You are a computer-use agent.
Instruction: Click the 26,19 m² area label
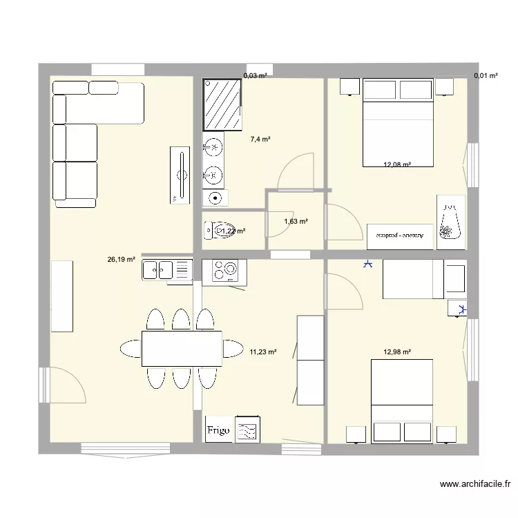coord(120,260)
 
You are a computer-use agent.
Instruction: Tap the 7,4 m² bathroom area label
coord(260,139)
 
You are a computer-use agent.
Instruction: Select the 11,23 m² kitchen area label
coord(262,352)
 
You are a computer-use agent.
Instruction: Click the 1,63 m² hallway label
coord(296,222)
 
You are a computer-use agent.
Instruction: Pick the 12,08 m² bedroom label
coord(397,164)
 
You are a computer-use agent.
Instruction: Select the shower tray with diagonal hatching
coord(223,104)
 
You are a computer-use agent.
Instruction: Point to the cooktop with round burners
coord(224,270)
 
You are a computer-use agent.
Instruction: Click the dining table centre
coord(182,348)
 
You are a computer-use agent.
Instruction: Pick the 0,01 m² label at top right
coord(486,76)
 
